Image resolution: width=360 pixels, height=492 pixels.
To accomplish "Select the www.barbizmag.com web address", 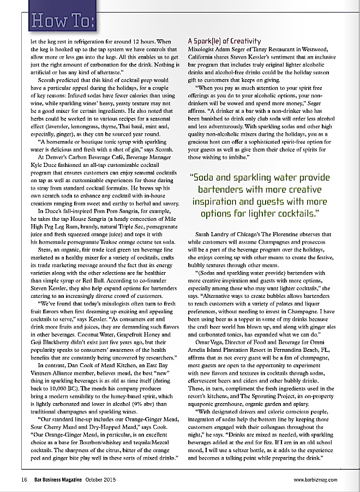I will click(315, 479).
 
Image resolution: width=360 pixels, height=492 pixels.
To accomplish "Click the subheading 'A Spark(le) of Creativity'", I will click(224, 41).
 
